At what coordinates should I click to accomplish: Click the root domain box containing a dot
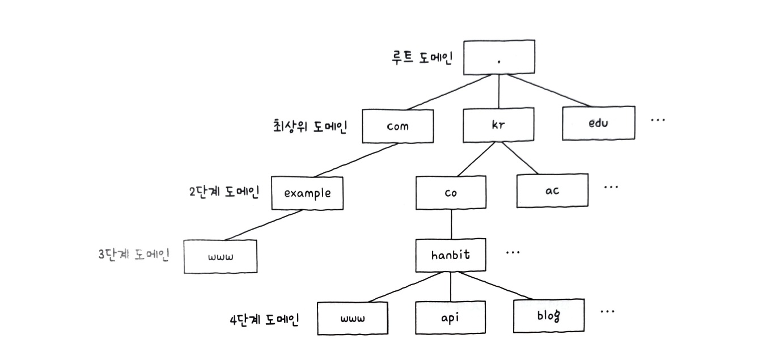pyautogui.click(x=498, y=57)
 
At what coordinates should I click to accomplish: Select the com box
pyautogui.click(x=397, y=125)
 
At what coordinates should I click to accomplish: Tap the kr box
pyautogui.click(x=498, y=125)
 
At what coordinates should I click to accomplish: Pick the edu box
pyautogui.click(x=598, y=123)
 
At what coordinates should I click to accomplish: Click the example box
pyautogui.click(x=307, y=193)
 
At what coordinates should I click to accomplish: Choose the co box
pyautogui.click(x=451, y=192)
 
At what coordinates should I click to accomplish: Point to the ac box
pyautogui.click(x=552, y=190)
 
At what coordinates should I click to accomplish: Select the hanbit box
pyautogui.click(x=451, y=255)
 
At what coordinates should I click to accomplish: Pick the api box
pyautogui.click(x=451, y=317)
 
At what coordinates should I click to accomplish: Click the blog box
pyautogui.click(x=549, y=315)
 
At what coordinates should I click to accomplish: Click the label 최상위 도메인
pyautogui.click(x=310, y=126)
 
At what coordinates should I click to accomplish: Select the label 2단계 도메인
pyautogui.click(x=223, y=191)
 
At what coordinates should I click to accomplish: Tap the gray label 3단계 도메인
pyautogui.click(x=134, y=254)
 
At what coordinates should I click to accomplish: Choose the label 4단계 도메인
pyautogui.click(x=265, y=319)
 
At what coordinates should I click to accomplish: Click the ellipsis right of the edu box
pyautogui.click(x=657, y=121)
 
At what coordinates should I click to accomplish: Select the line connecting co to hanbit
pyautogui.click(x=451, y=225)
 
